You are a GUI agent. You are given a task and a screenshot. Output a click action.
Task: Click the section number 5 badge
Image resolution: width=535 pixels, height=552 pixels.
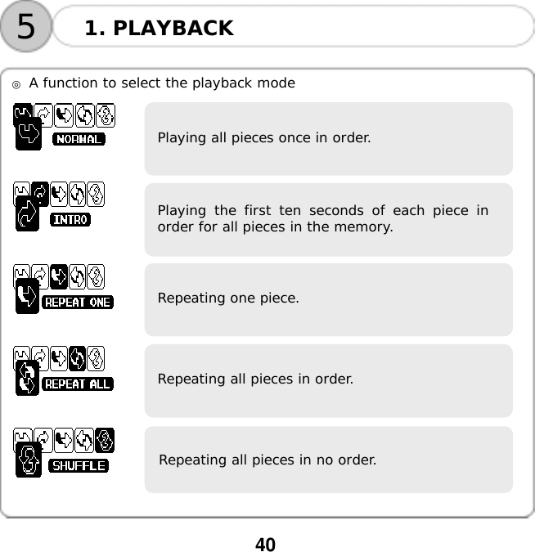click(x=26, y=27)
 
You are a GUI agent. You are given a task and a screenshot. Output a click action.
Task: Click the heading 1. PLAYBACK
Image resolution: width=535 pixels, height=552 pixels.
click(x=159, y=29)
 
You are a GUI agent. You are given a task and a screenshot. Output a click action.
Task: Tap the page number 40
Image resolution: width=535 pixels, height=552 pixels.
click(x=266, y=545)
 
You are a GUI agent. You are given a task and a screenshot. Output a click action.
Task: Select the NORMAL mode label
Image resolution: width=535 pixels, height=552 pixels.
click(x=79, y=139)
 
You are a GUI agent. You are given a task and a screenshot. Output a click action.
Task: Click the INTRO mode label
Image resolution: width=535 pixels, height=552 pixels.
click(x=71, y=219)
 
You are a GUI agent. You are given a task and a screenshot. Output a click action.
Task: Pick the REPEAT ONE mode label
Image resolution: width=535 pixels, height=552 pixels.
click(x=77, y=302)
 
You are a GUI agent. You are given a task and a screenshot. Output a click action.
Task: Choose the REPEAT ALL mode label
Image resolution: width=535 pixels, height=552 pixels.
click(x=77, y=384)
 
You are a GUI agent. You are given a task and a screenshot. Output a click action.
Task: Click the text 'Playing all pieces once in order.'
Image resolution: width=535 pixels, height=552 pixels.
click(x=263, y=137)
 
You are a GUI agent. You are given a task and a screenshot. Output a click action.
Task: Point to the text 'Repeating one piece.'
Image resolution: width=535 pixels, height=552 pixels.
click(x=228, y=298)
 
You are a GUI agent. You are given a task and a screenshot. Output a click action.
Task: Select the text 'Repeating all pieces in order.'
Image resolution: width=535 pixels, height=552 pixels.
click(x=255, y=379)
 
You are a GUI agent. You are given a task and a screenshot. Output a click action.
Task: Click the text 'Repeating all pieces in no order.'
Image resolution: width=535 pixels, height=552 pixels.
click(x=267, y=460)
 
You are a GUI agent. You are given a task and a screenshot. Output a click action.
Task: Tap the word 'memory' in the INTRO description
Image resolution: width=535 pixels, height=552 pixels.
click(x=366, y=227)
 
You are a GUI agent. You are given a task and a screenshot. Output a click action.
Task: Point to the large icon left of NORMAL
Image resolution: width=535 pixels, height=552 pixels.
click(x=28, y=136)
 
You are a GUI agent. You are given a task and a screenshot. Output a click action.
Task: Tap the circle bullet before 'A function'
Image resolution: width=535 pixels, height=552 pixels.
click(x=16, y=84)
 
